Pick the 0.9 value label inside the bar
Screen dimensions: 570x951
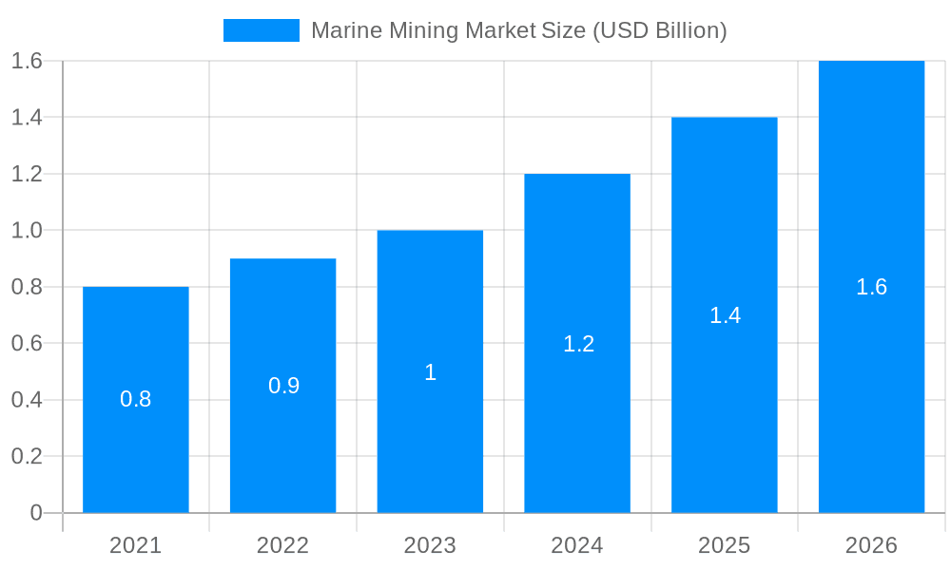point(283,386)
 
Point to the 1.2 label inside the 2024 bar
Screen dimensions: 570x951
point(578,344)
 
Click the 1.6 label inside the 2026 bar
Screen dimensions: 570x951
point(871,287)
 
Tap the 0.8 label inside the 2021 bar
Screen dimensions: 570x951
point(136,399)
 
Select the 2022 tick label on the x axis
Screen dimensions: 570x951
point(282,545)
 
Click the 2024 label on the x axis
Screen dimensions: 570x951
point(577,545)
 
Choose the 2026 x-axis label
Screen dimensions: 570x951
point(871,545)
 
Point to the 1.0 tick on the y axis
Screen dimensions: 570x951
point(27,231)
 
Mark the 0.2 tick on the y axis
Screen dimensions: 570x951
point(27,456)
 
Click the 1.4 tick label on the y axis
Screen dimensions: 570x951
point(27,118)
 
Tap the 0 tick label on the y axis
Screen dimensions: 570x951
point(36,513)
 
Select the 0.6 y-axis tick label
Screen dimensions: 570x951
point(27,343)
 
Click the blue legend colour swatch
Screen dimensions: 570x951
point(262,30)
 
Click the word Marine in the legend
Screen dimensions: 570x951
point(346,30)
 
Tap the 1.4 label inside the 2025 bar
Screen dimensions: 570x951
point(725,315)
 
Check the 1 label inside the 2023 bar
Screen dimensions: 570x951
point(430,372)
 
